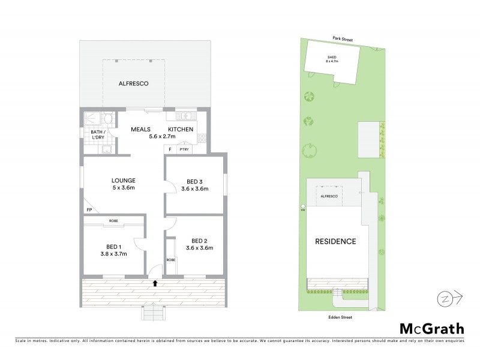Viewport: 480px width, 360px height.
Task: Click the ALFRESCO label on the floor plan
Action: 133,84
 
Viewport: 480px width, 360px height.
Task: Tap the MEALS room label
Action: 142,129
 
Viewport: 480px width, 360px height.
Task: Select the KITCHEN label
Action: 181,129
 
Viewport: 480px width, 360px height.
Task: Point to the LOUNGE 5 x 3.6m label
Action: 123,184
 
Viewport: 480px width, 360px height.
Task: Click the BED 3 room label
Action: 195,185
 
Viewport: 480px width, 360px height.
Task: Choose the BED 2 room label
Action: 200,244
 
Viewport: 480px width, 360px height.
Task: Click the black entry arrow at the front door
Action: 155,283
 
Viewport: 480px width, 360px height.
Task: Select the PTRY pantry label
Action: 184,149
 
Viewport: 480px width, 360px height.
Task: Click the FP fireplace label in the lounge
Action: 89,210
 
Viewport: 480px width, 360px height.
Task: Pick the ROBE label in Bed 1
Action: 113,221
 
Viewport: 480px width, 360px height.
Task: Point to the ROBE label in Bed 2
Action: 171,260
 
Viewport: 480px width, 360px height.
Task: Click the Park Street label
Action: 343,39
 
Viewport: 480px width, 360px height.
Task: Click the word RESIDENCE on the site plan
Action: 335,241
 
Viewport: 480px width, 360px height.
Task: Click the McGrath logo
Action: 432,328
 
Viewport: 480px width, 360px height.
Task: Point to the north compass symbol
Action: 445,298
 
